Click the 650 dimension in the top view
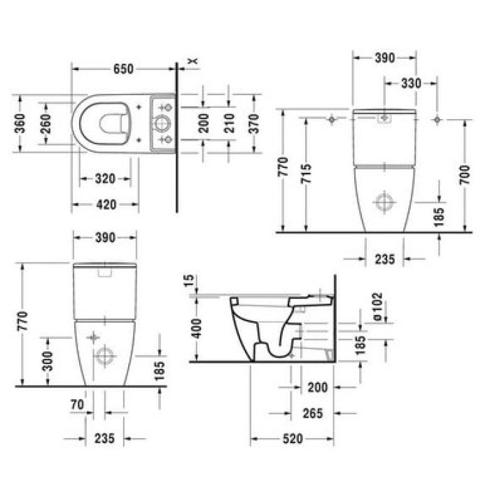(x=123, y=69)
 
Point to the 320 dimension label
(x=104, y=178)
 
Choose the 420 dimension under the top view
(x=105, y=204)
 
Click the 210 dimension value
(x=229, y=123)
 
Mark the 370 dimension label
(x=254, y=123)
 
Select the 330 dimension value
(x=411, y=83)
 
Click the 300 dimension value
(x=48, y=361)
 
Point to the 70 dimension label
(x=77, y=404)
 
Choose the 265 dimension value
(x=313, y=413)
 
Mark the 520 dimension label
(x=293, y=439)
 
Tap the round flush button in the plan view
(x=161, y=124)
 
